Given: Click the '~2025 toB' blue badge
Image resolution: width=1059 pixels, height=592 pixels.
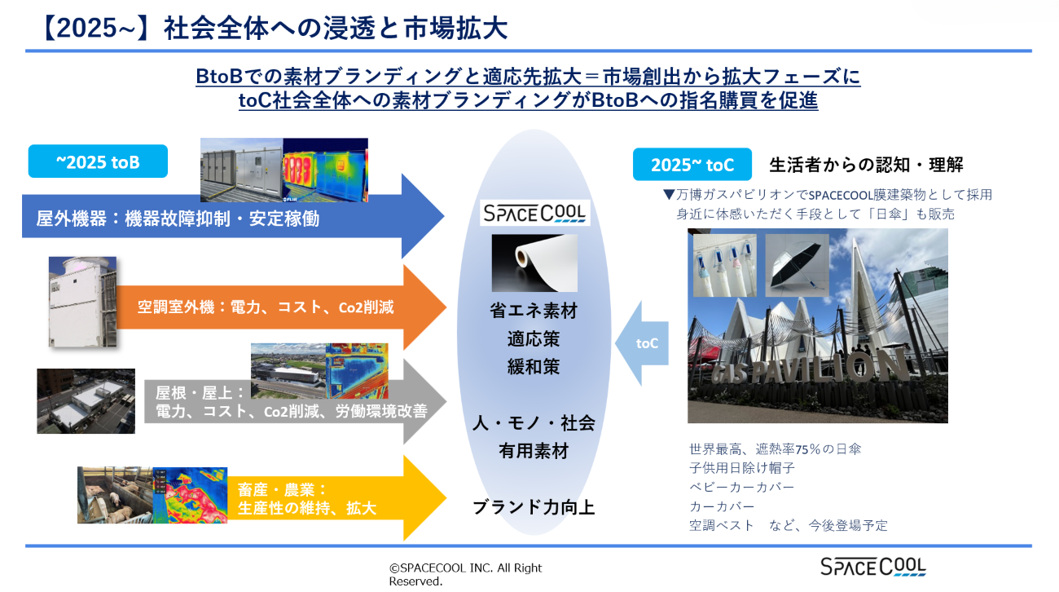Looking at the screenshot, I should pos(98,161).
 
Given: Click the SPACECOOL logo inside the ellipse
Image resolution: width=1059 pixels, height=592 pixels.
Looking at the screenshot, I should pos(534,213).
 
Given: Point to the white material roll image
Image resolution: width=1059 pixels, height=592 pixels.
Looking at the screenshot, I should pos(534,263).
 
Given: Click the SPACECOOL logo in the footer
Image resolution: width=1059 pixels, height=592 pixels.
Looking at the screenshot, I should pos(872,567).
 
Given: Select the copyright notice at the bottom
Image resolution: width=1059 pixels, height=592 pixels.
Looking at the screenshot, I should pos(465,574).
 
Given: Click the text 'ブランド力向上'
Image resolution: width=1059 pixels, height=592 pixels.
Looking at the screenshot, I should pos(534,507).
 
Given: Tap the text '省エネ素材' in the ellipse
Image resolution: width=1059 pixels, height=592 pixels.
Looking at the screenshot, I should pos(534,311).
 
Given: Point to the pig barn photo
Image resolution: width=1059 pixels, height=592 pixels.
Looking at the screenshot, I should pos(115,495).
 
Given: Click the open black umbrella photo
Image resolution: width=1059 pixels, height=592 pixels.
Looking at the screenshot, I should pos(797,265).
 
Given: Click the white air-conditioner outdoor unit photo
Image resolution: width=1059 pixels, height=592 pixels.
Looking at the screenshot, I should pos(82,302).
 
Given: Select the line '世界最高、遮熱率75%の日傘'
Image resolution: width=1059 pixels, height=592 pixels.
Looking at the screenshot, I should pos(775,448).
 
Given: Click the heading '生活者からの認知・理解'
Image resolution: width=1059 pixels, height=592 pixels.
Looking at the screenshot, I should pos(866,165).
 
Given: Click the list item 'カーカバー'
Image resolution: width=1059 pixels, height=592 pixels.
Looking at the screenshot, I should pos(722,506).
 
